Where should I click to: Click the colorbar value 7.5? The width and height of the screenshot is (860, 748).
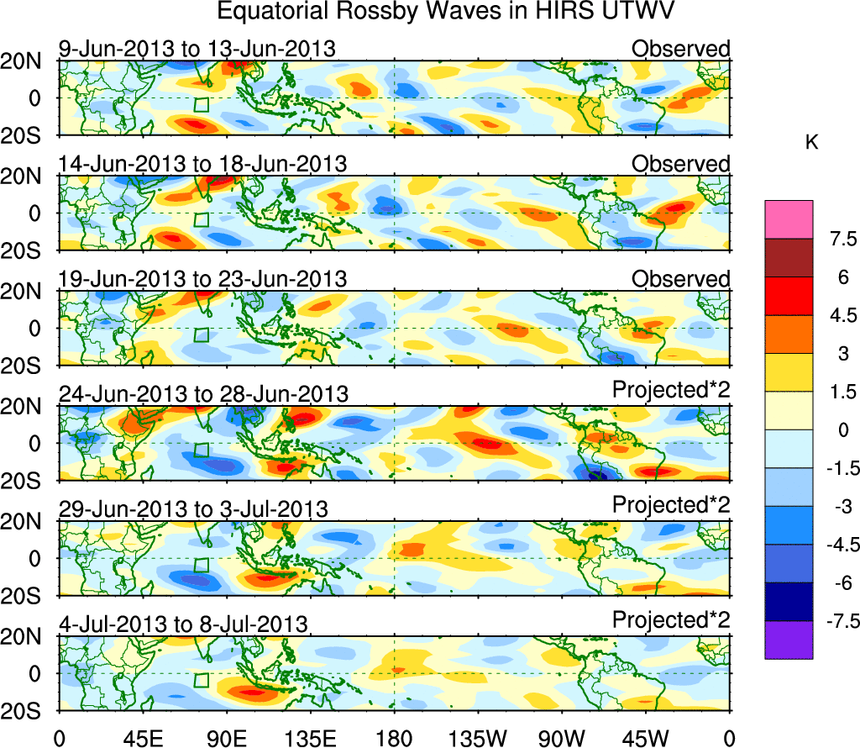click(x=836, y=240)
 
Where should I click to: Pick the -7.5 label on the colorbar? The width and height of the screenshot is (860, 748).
click(x=834, y=621)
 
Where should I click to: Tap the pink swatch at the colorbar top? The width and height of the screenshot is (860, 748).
click(x=789, y=220)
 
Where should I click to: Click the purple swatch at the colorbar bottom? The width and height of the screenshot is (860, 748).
click(x=789, y=640)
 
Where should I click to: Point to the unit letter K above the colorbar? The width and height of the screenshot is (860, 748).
click(x=811, y=144)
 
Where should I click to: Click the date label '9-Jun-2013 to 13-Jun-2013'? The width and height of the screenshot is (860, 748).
click(x=197, y=50)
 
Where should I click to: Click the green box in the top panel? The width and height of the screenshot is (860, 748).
click(x=201, y=105)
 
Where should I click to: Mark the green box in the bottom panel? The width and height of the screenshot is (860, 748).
click(x=201, y=680)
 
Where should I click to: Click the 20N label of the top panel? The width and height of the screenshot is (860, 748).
click(x=27, y=61)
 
